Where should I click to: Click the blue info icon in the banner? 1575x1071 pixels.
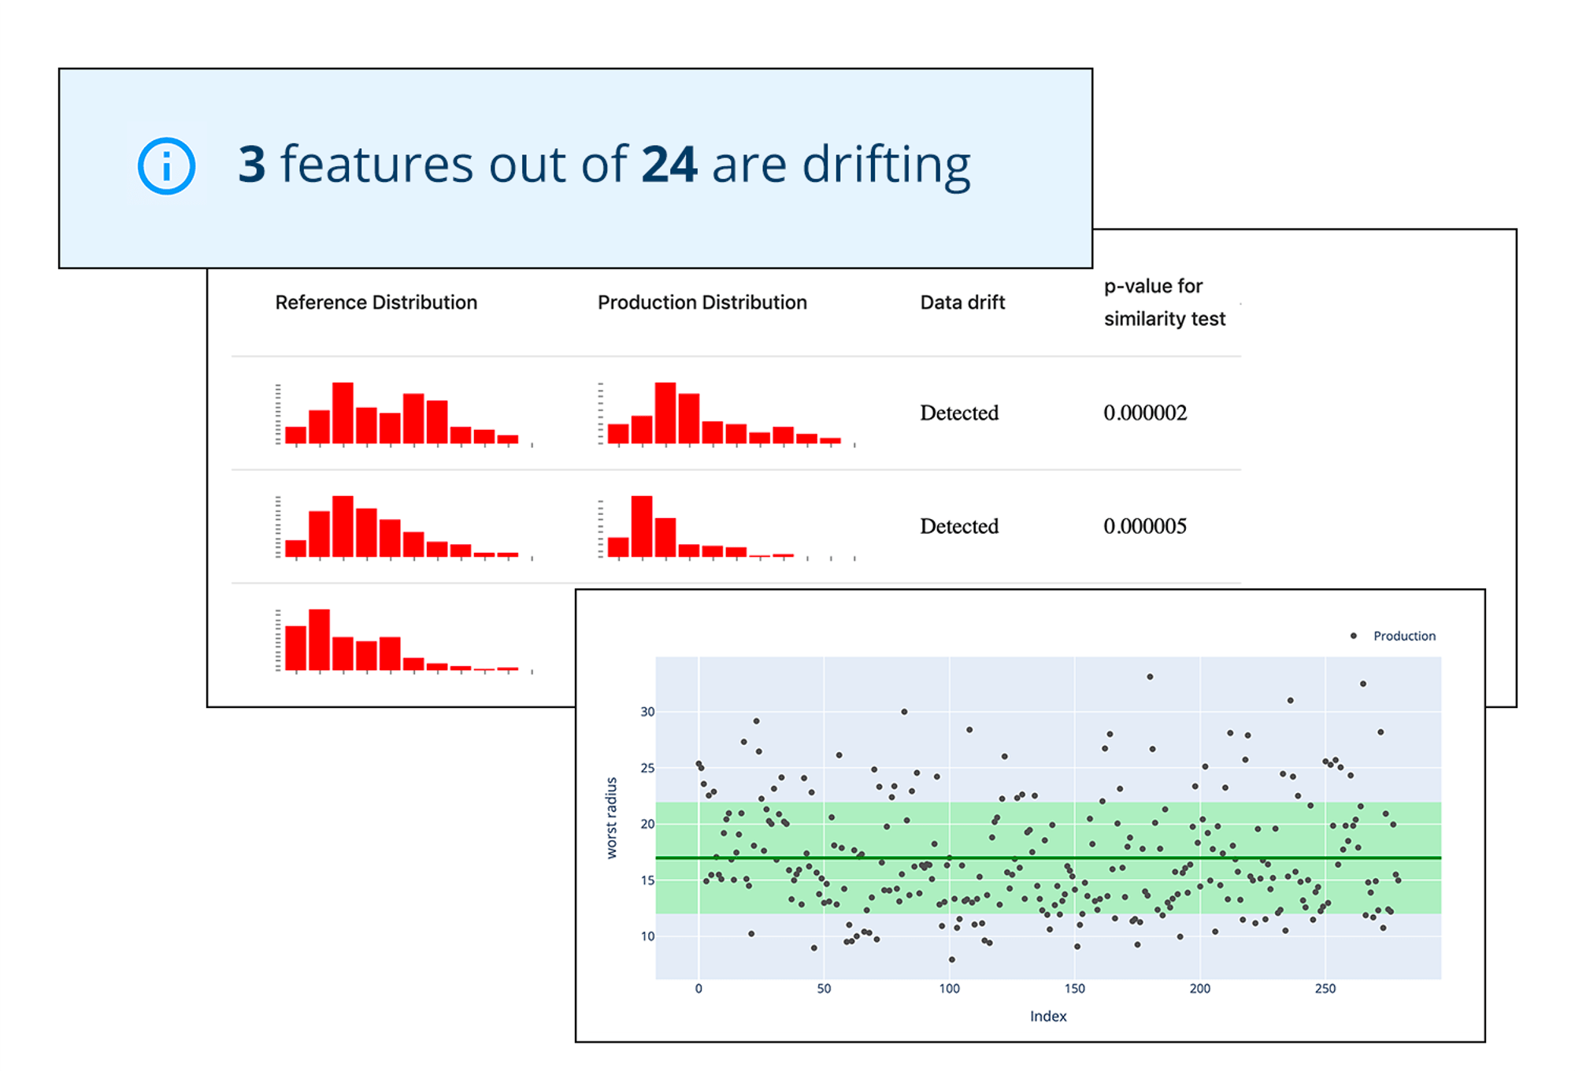pos(166,166)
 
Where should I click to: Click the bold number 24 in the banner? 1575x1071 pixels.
pos(669,165)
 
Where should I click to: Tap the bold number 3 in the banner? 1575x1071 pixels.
pos(252,165)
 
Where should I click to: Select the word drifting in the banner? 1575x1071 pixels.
pos(886,166)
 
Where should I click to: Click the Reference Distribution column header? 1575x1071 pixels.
pos(376,302)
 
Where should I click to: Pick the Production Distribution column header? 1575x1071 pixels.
pos(702,302)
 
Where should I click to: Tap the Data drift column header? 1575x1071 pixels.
pos(962,302)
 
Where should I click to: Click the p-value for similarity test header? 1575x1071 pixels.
pos(1164,302)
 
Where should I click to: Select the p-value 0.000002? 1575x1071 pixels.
pos(1144,413)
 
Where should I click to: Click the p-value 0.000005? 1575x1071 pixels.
pos(1144,526)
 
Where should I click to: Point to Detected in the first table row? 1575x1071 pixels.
pos(959,413)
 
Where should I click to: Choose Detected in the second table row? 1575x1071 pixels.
pos(959,526)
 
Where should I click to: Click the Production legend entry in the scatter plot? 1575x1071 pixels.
pos(1403,636)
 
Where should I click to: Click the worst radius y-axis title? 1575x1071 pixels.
pos(612,817)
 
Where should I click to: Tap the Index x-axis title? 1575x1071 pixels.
pos(1048,1016)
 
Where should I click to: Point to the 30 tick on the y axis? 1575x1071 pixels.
pos(647,712)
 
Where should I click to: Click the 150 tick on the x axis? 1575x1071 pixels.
pos(1074,988)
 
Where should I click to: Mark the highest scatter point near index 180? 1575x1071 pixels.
pos(1150,676)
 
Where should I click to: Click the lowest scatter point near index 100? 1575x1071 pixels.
pos(952,959)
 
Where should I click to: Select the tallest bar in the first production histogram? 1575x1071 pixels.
pos(665,413)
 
